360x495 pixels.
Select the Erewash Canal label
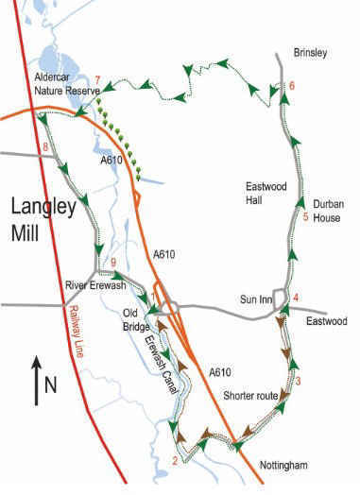pyautogui.click(x=163, y=357)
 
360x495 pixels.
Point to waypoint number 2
pyautogui.click(x=174, y=461)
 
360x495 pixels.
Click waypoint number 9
pyautogui.click(x=113, y=262)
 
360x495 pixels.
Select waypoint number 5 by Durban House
pyautogui.click(x=305, y=218)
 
